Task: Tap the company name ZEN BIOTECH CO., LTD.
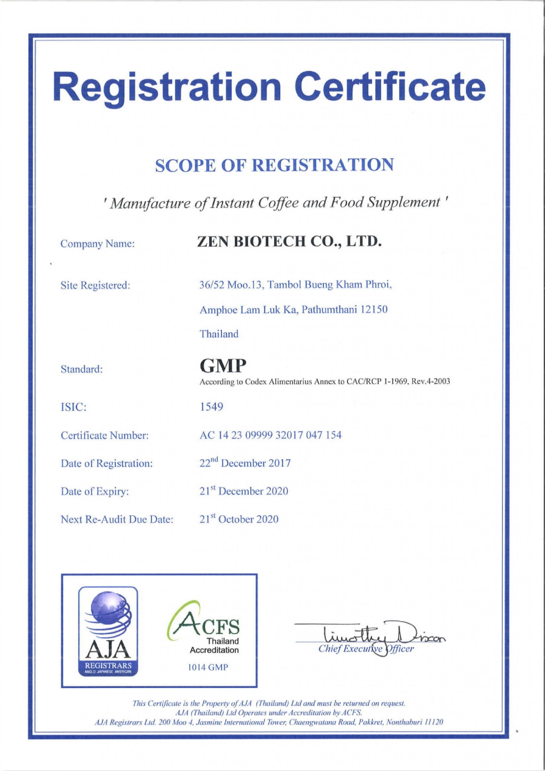[x=291, y=241]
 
